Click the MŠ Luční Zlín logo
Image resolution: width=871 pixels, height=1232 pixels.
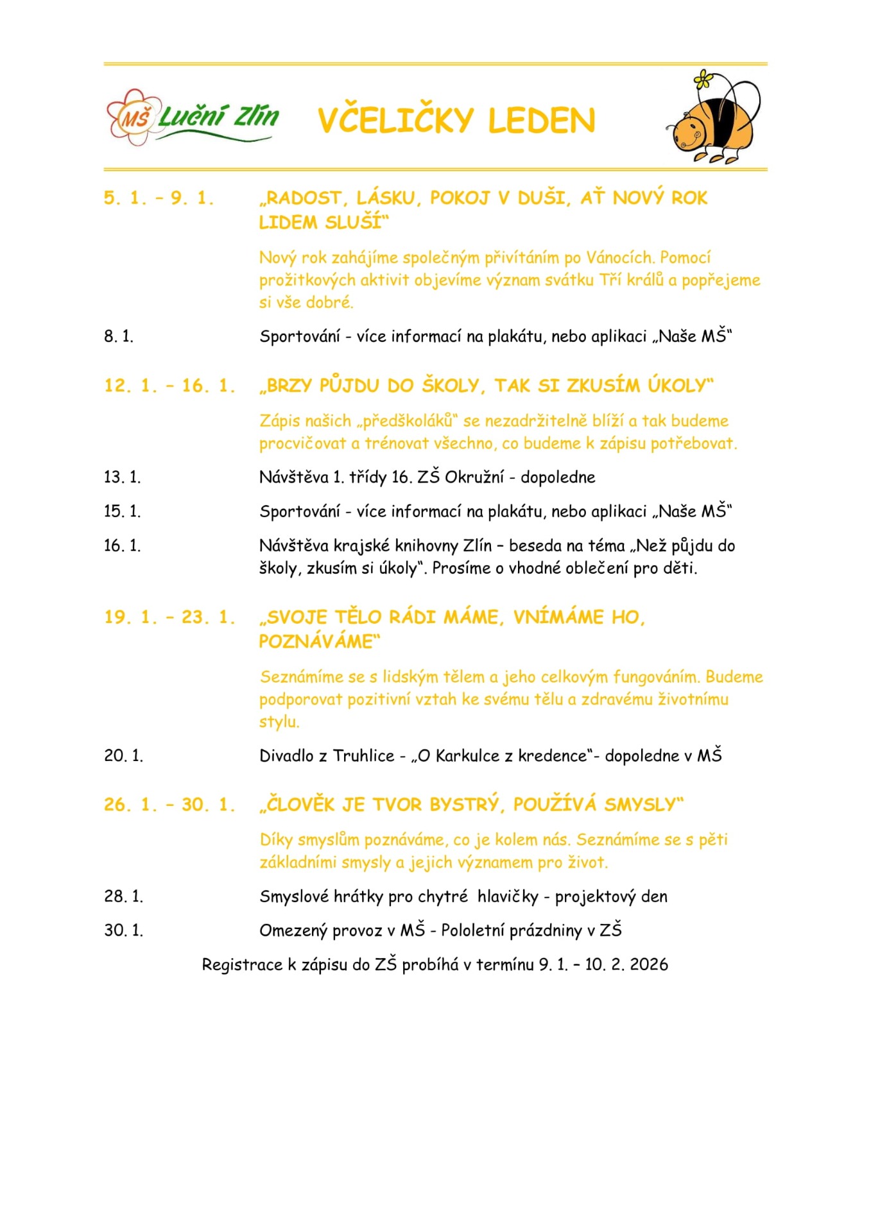(193, 118)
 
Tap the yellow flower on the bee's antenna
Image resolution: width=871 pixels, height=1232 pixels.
(703, 80)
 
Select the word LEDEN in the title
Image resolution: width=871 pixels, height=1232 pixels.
(542, 121)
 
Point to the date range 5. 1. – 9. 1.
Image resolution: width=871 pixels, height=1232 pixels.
(159, 198)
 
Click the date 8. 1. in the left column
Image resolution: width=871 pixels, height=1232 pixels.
(119, 336)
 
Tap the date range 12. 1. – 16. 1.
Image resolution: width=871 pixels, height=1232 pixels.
(169, 386)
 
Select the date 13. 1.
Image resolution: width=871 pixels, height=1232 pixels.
(122, 477)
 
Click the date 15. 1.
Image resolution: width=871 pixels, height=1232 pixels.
(122, 511)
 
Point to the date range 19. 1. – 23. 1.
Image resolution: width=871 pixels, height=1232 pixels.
(169, 617)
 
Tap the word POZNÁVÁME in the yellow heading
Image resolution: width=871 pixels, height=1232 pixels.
(316, 642)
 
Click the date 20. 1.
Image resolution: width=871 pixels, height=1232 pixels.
(123, 756)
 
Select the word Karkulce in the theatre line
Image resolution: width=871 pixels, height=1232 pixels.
(467, 756)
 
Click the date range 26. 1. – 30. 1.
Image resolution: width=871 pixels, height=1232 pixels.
(169, 805)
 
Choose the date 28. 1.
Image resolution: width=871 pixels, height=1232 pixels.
(123, 896)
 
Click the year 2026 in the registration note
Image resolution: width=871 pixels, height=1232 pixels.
(649, 964)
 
